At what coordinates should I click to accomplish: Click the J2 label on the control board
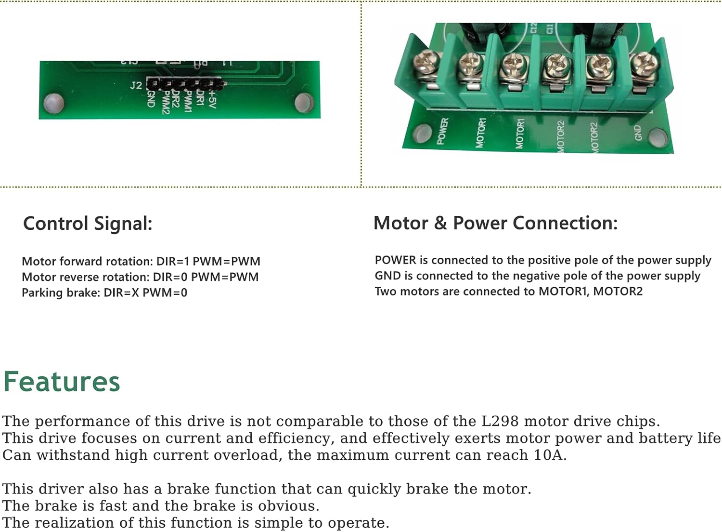[136, 85]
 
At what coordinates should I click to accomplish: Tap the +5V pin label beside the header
[212, 99]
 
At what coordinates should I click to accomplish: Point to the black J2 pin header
[185, 84]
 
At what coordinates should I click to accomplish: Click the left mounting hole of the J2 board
[53, 103]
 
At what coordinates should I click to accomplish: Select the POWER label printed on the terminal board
[442, 131]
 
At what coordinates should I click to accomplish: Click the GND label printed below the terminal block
[638, 133]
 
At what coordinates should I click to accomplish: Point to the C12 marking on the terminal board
[533, 29]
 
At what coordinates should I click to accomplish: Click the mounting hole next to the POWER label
[422, 133]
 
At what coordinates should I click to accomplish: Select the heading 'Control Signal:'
[88, 224]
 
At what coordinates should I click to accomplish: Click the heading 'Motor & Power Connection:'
[495, 223]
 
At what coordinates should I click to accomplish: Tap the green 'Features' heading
[62, 382]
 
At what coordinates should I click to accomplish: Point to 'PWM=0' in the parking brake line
[165, 293]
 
